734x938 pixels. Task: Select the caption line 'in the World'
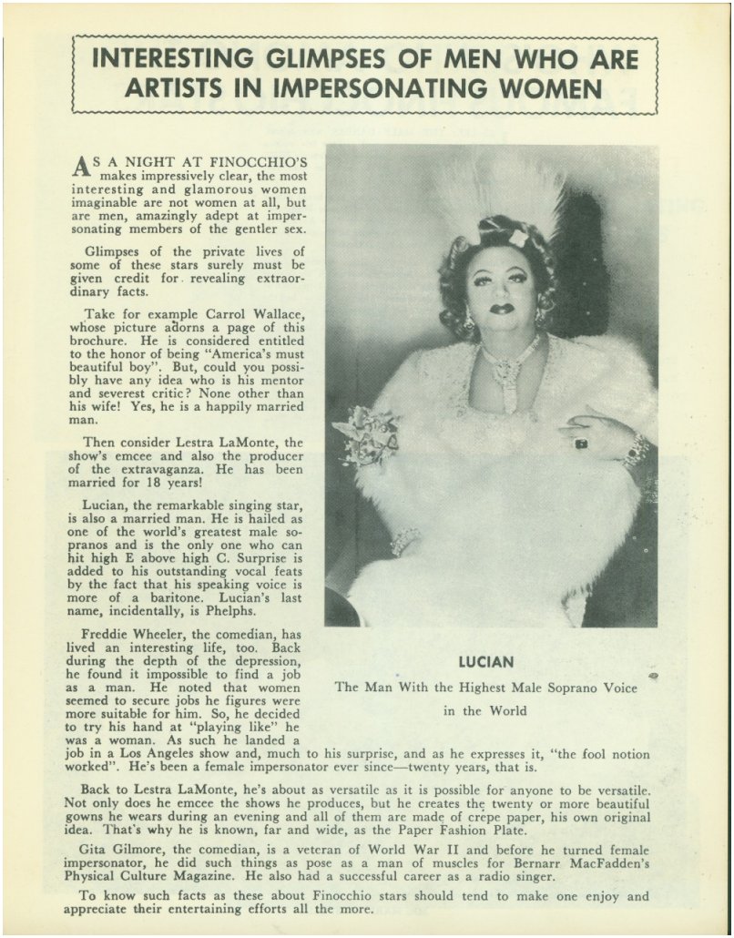tap(485, 711)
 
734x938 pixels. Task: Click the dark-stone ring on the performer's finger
tap(580, 443)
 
